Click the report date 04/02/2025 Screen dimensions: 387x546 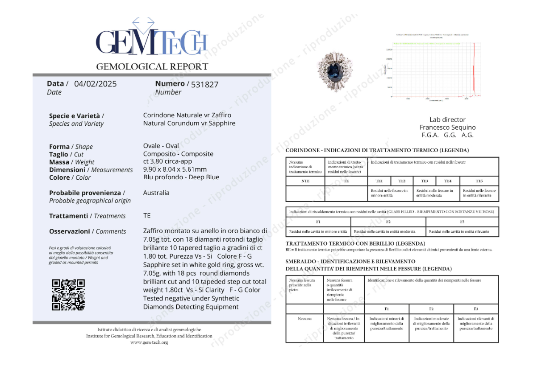pyautogui.click(x=95, y=84)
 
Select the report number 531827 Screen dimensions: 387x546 pyautogui.click(x=204, y=84)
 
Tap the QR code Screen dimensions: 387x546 pyautogui.click(x=68, y=294)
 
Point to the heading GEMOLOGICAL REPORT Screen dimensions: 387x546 pyautogui.click(x=152, y=67)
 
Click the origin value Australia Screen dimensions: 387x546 pyautogui.click(x=156, y=193)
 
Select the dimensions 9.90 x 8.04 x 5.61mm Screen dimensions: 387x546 pyautogui.click(x=175, y=169)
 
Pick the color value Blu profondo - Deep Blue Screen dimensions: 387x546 pyautogui.click(x=181, y=177)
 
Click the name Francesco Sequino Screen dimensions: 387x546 pyautogui.click(x=447, y=128)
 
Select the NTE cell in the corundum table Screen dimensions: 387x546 pyautogui.click(x=305, y=181)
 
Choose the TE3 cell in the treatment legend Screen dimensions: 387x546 pyautogui.click(x=424, y=181)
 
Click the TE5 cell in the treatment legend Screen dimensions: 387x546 pyautogui.click(x=479, y=181)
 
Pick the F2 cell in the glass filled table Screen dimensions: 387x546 pyautogui.click(x=388, y=222)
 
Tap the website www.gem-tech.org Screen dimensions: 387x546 pyautogui.click(x=149, y=342)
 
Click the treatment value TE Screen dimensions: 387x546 pyautogui.click(x=147, y=215)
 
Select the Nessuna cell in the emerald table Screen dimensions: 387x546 pyautogui.click(x=304, y=319)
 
